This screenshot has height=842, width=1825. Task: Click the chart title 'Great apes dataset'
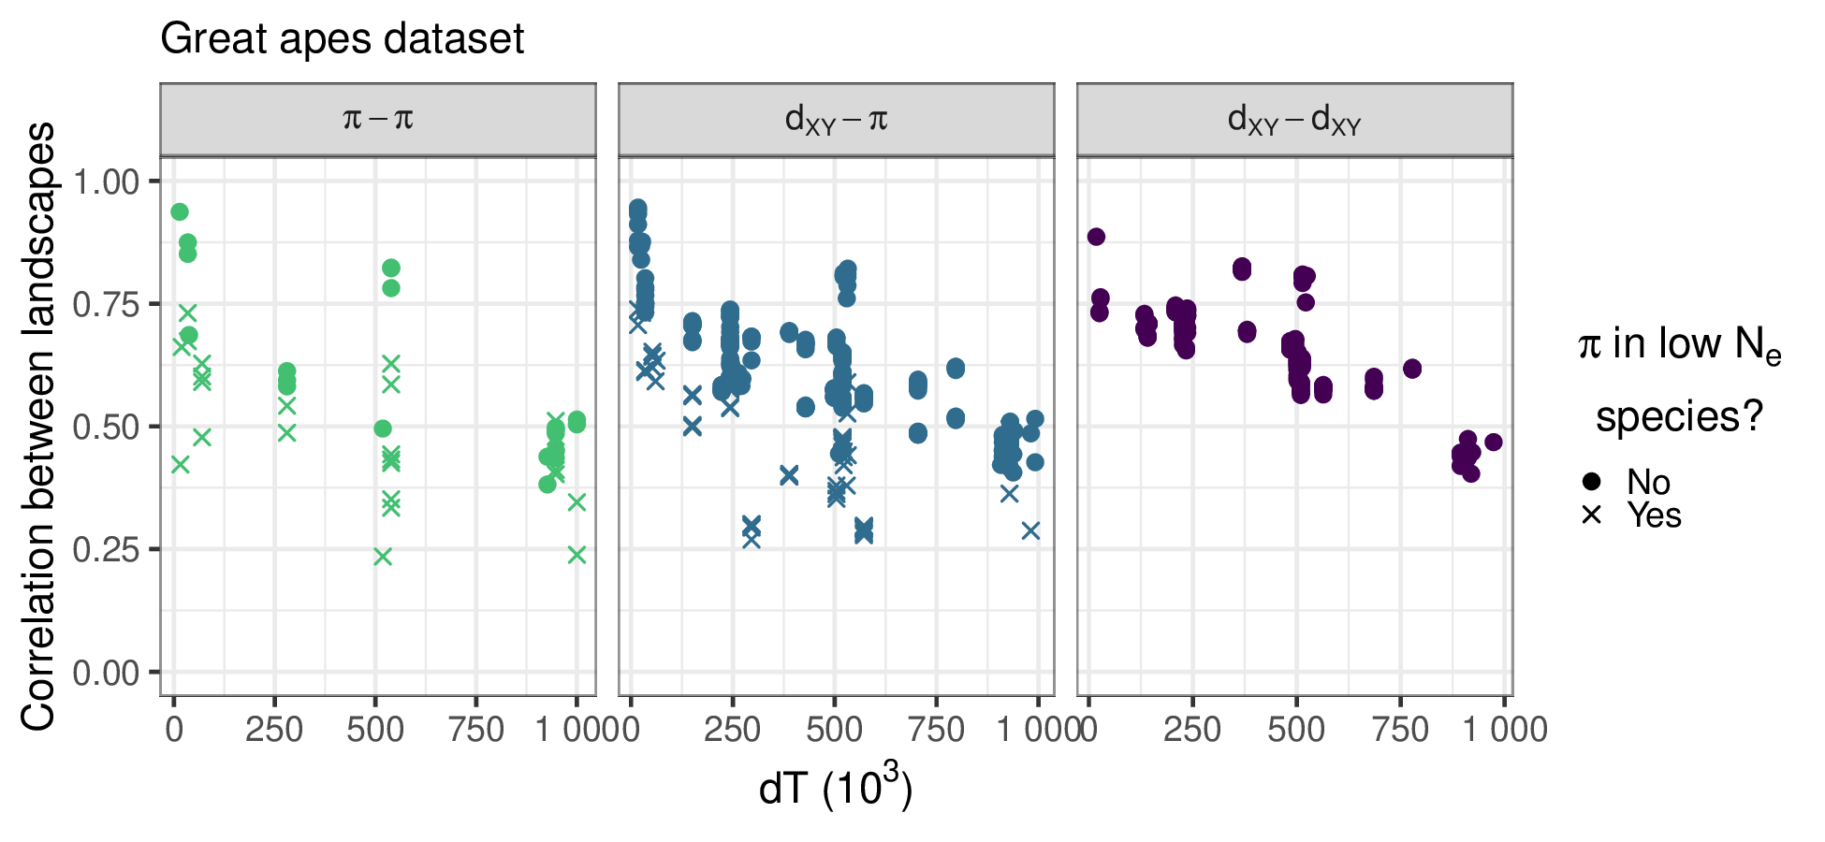[x=343, y=39]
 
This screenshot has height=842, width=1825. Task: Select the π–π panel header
[x=378, y=120]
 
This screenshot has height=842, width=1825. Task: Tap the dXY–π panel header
[x=836, y=120]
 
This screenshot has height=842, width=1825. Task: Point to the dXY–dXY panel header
[x=1294, y=120]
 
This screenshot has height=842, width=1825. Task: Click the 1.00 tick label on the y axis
[x=106, y=181]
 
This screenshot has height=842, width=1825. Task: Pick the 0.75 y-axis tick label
[x=106, y=304]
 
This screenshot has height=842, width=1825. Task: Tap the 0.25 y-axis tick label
[x=106, y=549]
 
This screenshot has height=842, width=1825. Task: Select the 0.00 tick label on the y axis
[x=106, y=672]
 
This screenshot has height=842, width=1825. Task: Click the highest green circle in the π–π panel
[x=180, y=212]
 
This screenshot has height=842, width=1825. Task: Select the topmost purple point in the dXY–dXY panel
[x=1096, y=237]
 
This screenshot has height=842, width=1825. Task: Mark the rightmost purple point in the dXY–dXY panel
[x=1494, y=442]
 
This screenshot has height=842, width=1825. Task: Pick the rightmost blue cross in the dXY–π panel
[x=1030, y=530]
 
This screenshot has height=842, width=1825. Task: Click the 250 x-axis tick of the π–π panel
[x=274, y=730]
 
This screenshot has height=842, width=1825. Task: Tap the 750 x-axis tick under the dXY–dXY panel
[x=1400, y=730]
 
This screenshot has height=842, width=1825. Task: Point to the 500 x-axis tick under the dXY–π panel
[x=833, y=730]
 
